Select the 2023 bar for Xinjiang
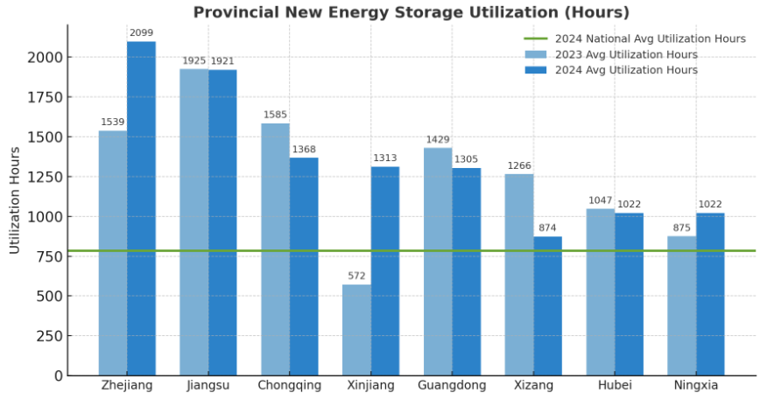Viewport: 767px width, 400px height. coord(356,330)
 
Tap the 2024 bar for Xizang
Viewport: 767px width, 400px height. coord(547,305)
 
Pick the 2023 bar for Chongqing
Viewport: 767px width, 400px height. coord(275,249)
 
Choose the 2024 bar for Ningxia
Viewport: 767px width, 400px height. coord(710,294)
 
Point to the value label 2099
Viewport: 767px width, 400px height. coord(141,33)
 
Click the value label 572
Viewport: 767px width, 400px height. coord(356,277)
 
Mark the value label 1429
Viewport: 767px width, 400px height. coord(438,140)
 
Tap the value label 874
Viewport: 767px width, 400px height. coord(547,228)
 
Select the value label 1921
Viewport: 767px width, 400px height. coord(222,61)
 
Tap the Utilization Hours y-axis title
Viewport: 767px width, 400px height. coord(15,200)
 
